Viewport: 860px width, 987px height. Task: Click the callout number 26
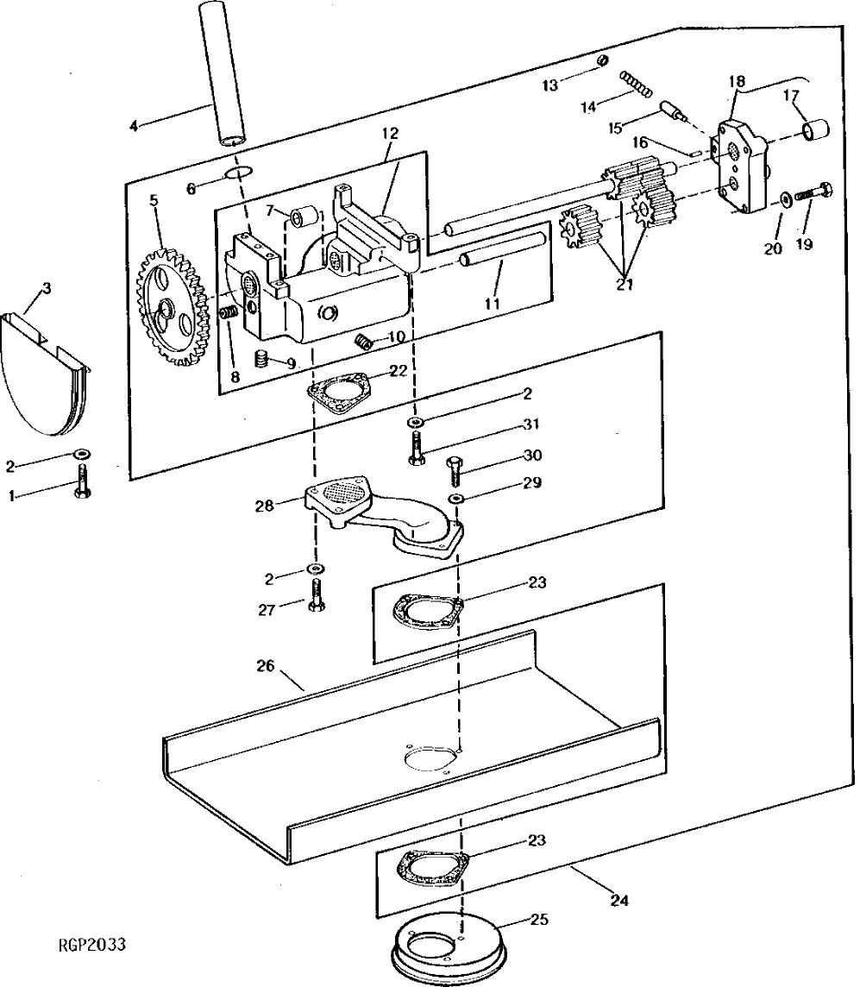265,665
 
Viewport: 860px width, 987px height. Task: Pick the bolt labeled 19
811,192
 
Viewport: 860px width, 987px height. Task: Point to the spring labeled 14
639,85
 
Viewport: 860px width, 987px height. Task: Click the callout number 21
625,285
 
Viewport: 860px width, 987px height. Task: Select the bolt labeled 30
455,472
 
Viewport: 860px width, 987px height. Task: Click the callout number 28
264,506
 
